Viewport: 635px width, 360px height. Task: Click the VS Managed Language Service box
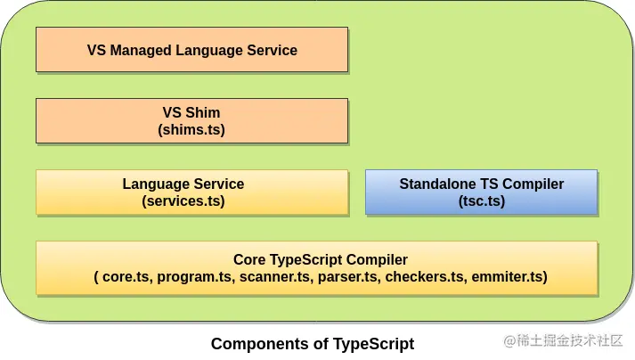pos(191,50)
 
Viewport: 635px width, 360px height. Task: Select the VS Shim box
pos(191,121)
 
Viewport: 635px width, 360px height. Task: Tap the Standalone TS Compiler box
pos(481,192)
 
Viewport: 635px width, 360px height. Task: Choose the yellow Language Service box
pos(191,192)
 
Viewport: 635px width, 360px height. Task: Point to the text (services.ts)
pos(183,201)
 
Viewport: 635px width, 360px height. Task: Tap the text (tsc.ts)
pos(481,201)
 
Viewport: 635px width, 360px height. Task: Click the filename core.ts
pos(126,277)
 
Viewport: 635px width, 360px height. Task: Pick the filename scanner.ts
pos(274,277)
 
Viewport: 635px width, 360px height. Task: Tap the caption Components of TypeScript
pos(312,343)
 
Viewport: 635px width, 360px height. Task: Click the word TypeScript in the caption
pos(373,343)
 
